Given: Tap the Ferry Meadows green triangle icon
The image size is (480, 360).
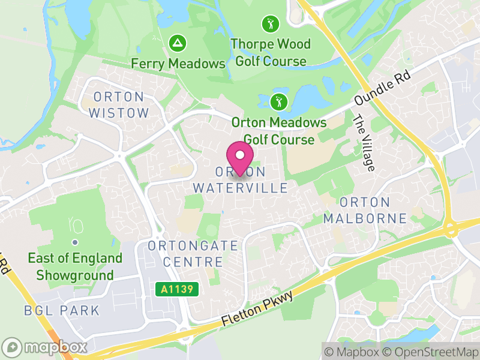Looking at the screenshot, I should point(178,43).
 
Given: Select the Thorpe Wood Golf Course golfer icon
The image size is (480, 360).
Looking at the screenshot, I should point(271,25).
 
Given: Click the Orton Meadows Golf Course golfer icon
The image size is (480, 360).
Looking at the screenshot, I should point(278,101).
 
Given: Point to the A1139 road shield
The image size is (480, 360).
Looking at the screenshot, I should point(178,290).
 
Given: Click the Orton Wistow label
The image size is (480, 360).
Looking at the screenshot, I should point(118,105).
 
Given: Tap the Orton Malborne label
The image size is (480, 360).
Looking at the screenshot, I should point(365,210).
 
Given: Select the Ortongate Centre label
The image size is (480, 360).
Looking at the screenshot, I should point(185,254).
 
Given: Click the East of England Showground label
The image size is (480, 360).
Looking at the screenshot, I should point(75,267).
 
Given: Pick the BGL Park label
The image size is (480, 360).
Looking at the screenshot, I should point(61,310).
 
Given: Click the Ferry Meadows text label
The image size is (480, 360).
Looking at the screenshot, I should point(178,63).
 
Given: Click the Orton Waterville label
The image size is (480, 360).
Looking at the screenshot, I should point(241,180).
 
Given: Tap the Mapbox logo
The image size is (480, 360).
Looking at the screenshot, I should point(45,347).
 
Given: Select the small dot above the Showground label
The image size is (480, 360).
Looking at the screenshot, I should point(75,242).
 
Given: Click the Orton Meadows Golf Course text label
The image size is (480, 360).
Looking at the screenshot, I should point(279,131).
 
